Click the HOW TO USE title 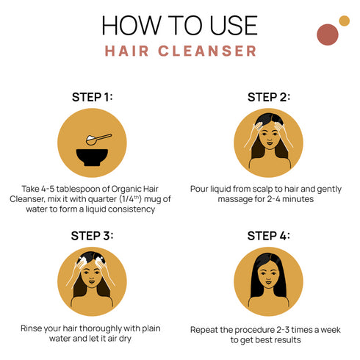point(180,25)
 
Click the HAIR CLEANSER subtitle point(180,51)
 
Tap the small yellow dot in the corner point(344,21)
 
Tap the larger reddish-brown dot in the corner point(327,34)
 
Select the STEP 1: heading point(93,97)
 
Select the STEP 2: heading point(268,97)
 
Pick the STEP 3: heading point(93,236)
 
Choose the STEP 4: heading point(268,236)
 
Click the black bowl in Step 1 point(93,153)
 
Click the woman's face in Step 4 point(268,279)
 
